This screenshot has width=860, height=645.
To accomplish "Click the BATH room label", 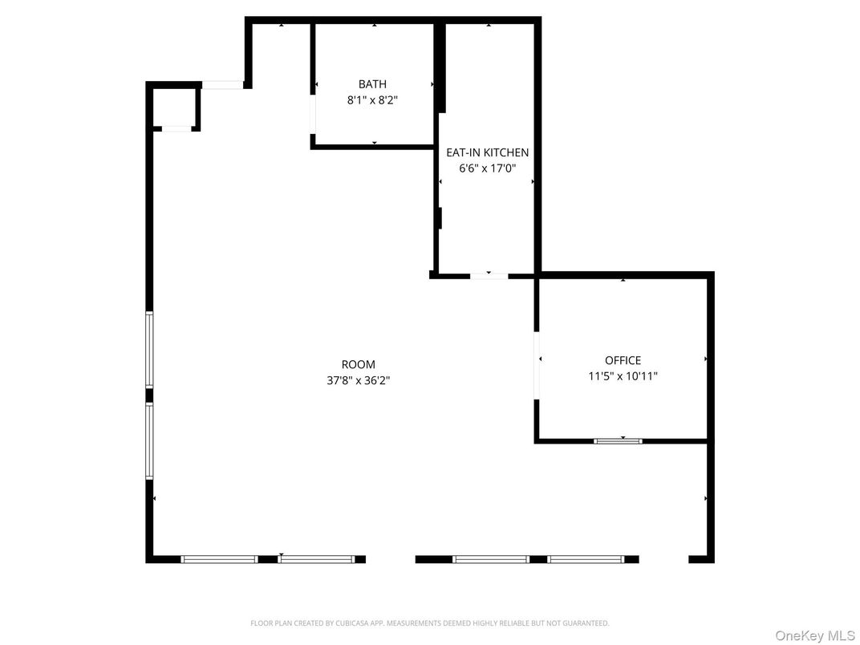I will coord(372,84).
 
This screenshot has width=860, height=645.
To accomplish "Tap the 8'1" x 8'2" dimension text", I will coord(372,100).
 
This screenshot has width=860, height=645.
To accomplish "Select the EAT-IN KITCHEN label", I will coord(487,152).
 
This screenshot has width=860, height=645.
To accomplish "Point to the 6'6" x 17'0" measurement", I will coord(487,168).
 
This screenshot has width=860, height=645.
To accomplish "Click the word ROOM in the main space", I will coord(358,364).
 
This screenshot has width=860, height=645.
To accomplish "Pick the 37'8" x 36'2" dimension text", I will coord(358,380).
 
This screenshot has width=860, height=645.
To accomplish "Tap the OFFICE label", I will coord(623,360).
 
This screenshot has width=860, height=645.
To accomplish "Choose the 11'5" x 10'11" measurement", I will coord(623,375).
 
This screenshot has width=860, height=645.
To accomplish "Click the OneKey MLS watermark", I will coord(815,635).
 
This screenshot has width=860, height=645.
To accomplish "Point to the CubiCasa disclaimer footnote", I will coord(430,623).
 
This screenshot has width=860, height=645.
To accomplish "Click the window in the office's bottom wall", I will coord(618,440).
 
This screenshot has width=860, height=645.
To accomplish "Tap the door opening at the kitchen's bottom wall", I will coord(489,276).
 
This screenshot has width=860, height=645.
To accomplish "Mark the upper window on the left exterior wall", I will coord(149,350).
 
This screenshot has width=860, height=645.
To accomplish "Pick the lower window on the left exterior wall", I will coord(149,440).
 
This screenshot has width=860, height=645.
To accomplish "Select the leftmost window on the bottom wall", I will coord(218,559).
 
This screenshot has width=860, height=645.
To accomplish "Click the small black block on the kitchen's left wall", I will coord(440,218).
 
